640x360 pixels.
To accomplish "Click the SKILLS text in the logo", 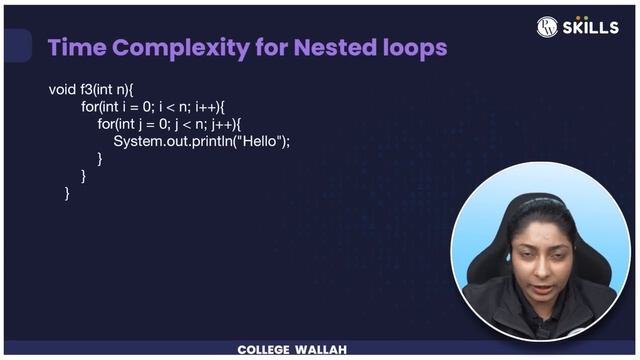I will tap(591, 27).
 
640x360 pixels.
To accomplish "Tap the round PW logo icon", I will tap(547, 27).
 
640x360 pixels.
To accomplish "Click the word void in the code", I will tap(62, 90).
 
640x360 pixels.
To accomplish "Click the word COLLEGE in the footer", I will tap(264, 350).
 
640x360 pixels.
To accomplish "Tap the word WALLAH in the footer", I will tap(322, 350).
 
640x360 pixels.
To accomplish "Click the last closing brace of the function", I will tap(67, 193).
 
